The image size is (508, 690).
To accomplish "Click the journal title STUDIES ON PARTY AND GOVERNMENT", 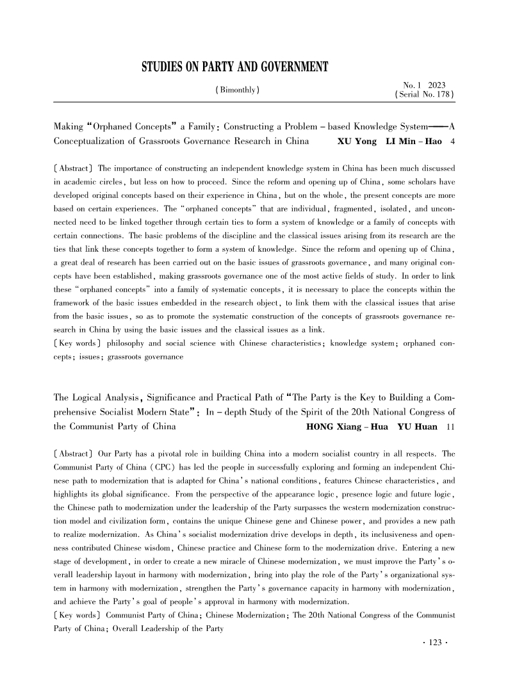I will [x=234, y=67].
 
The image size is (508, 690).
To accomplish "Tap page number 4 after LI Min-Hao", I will [x=453, y=141].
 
